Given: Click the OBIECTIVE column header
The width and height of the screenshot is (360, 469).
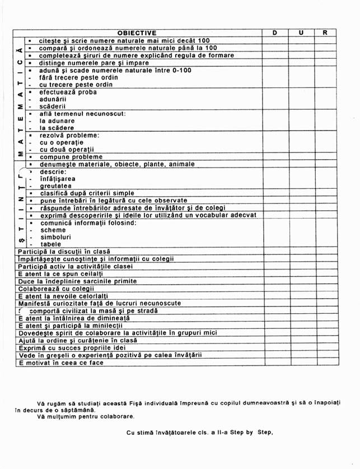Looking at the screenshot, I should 137,33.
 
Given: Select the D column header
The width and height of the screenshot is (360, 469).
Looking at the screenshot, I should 275,33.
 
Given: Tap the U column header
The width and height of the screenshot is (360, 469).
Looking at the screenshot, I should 301,33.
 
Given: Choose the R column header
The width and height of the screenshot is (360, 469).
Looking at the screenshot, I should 325,33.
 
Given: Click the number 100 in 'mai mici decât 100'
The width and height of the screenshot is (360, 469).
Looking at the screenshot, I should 204,41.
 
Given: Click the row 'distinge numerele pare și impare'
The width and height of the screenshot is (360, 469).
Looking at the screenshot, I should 95,63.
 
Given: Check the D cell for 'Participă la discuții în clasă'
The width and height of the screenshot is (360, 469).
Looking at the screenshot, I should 277,252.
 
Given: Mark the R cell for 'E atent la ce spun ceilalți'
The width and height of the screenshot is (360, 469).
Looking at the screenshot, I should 325,273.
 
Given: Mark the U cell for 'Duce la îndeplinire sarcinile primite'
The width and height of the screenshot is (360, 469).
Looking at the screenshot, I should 301,281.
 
